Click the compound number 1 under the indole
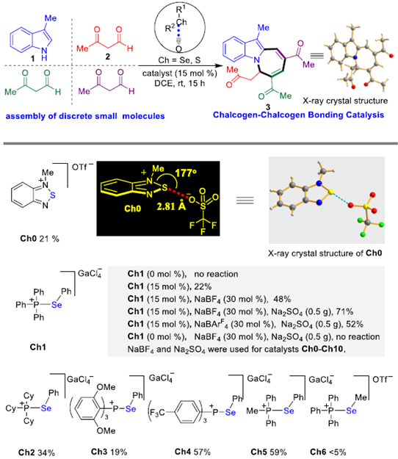point(33,59)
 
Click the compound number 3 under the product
point(267,107)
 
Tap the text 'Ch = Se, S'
point(179,60)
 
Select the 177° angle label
point(186,173)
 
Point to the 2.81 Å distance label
point(171,206)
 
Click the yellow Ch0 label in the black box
point(133,209)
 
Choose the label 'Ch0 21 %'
point(40,239)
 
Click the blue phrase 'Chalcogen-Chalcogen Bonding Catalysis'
point(298,115)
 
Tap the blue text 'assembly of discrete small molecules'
point(85,116)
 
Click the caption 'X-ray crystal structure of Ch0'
point(325,253)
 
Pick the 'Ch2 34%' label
point(36,452)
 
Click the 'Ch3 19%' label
point(109,452)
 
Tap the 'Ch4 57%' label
point(192,452)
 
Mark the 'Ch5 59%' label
point(268,452)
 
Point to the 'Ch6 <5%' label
point(328,452)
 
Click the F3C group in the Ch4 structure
point(157,413)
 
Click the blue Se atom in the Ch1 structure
point(57,305)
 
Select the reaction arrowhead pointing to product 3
point(216,66)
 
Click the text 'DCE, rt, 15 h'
point(180,84)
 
